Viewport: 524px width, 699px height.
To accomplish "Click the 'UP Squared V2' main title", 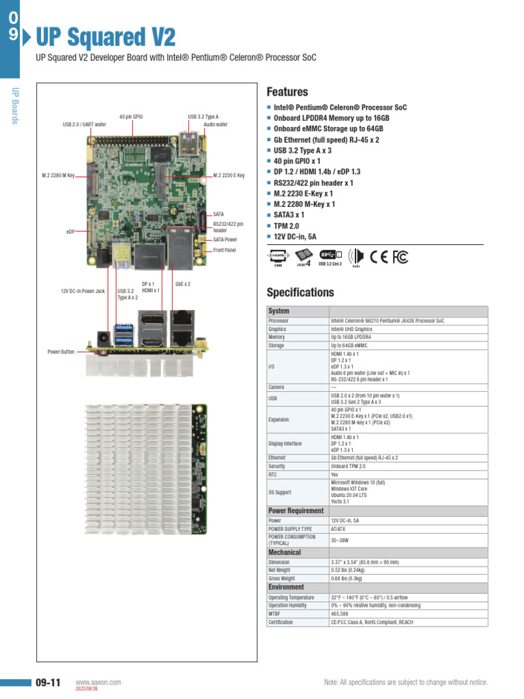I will pos(105,35).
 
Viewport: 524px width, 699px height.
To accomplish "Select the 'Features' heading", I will pos(287,91).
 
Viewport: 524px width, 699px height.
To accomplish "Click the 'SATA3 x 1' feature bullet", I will pos(289,214).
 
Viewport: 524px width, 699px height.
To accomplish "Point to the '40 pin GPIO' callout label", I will pos(131,117).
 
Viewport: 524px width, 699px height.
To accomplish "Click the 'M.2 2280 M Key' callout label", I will pos(62,175).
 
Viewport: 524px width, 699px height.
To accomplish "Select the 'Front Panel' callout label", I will pos(225,251).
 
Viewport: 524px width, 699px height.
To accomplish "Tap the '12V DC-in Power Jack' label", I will pos(83,291).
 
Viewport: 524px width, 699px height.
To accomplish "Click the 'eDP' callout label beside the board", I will pos(70,231).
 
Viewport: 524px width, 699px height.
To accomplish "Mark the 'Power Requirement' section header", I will pos(295,511).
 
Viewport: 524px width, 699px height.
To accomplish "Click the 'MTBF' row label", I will pos(276,614).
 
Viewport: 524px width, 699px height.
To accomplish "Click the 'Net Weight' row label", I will pos(279,570).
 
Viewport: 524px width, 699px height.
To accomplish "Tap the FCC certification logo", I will pos(400,257).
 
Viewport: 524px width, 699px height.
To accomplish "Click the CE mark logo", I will pos(378,257).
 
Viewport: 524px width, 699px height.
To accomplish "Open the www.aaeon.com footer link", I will pos(98,682).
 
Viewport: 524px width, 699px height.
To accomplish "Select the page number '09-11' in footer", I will pos(48,683).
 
